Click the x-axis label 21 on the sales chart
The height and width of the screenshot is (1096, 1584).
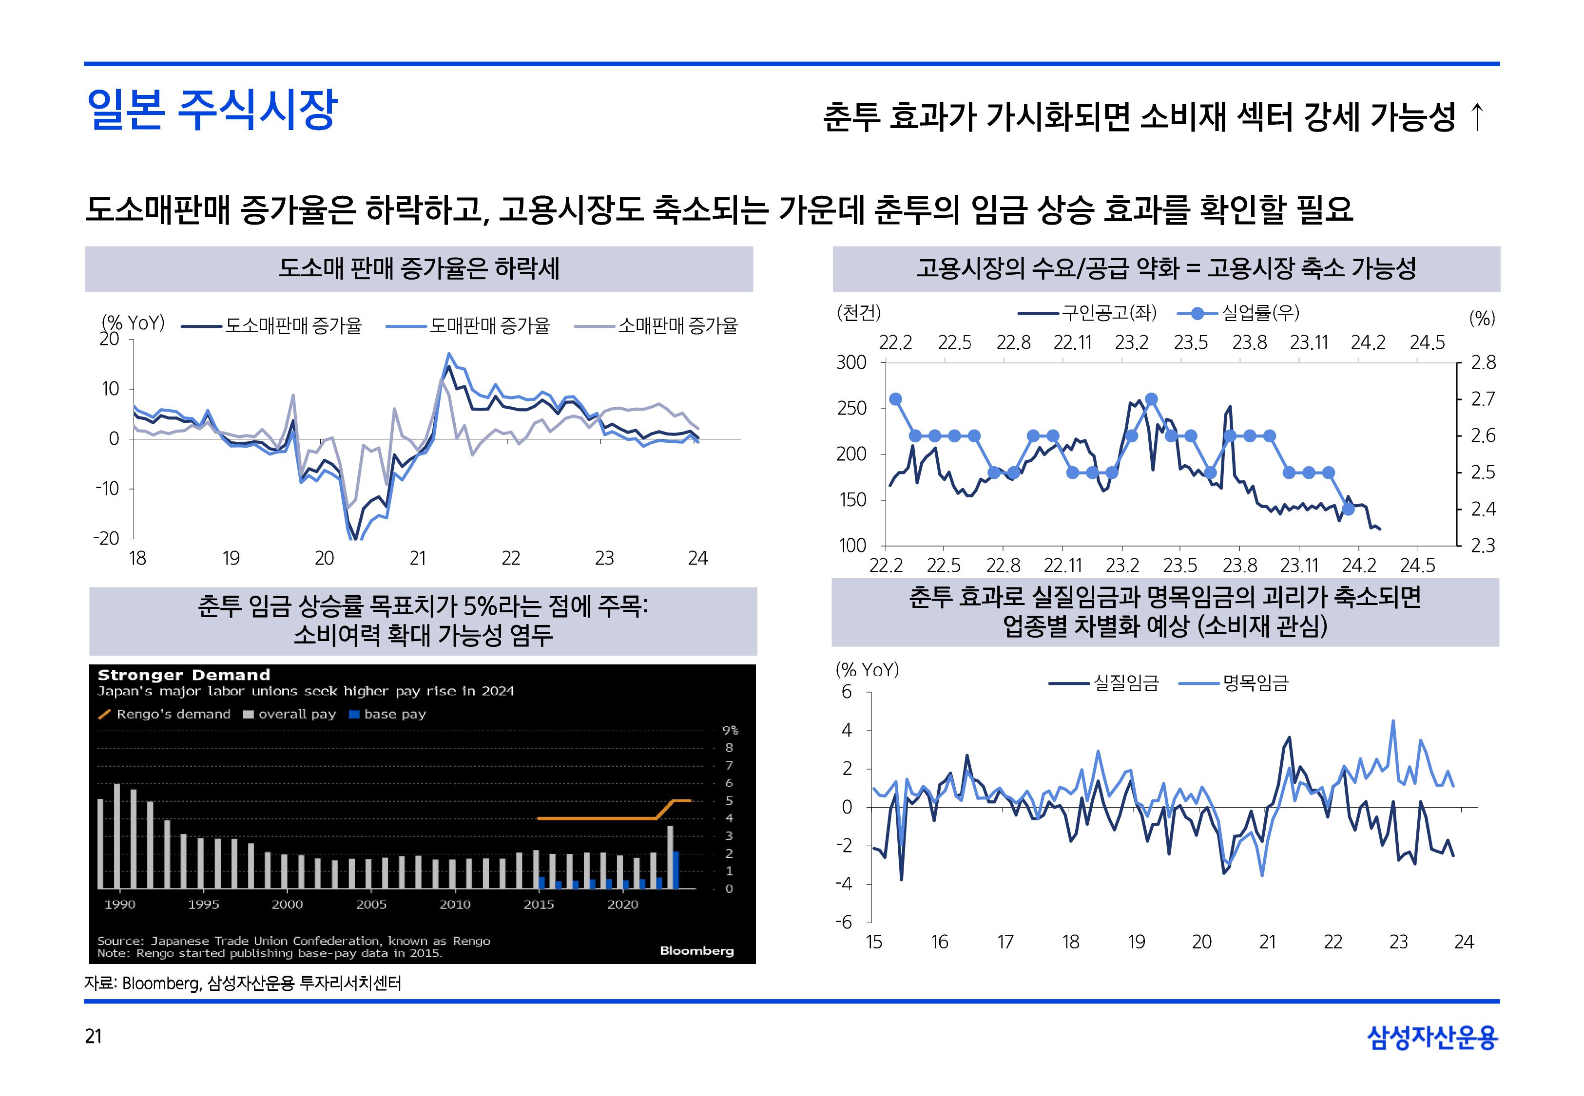click(418, 558)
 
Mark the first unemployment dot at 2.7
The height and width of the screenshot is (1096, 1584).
click(895, 399)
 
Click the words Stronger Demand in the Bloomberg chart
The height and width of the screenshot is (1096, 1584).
click(184, 675)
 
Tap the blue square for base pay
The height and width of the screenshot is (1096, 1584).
click(354, 714)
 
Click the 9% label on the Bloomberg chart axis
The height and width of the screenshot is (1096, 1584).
click(730, 730)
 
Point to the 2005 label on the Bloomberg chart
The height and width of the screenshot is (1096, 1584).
click(371, 905)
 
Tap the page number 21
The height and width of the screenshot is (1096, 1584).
click(94, 1036)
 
